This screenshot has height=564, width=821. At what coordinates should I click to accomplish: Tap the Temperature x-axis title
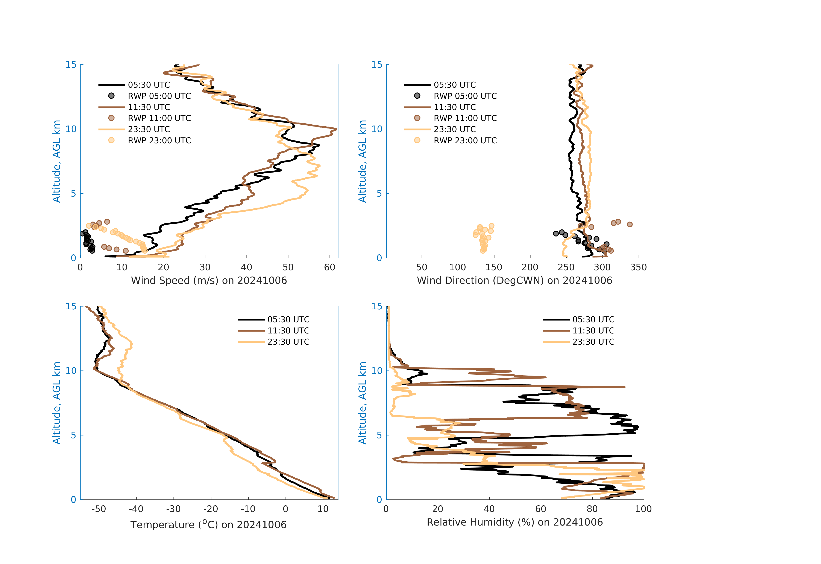pos(208,524)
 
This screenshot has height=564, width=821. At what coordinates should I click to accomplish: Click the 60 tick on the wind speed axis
pos(330,267)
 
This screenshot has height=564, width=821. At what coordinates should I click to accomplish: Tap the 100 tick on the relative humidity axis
pos(643,509)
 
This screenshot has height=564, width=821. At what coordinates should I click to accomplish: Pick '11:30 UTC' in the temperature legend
pos(288,331)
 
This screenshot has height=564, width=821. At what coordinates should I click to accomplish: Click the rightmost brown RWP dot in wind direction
pos(630,224)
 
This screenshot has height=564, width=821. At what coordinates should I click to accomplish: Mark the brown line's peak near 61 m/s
pos(336,129)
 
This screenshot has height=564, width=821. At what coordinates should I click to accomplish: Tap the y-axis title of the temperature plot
pos(56,403)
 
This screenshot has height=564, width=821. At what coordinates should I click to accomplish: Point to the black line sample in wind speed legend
pos(112,85)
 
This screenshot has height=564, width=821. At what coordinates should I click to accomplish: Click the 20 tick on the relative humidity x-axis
pos(438,509)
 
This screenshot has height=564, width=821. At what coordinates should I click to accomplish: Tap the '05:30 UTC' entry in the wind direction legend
pos(454,85)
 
